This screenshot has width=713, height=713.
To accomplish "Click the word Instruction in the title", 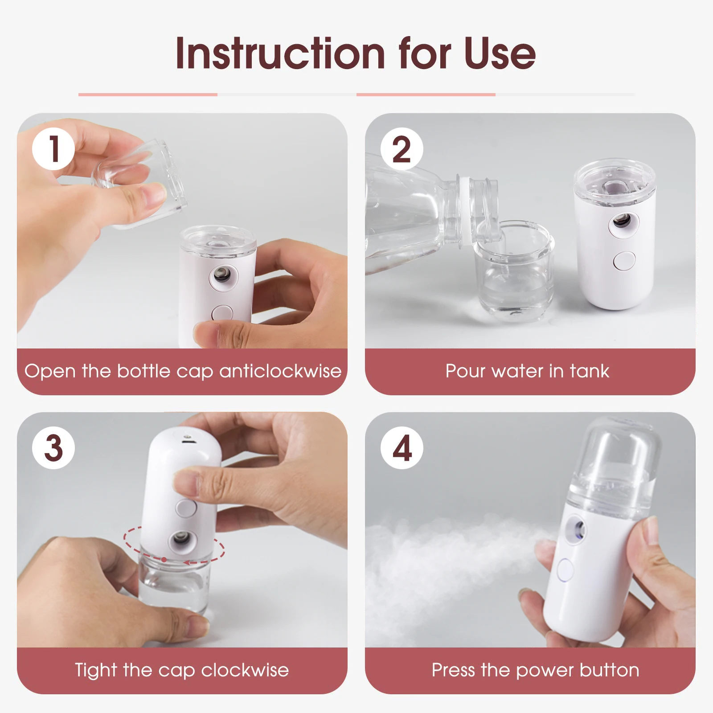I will click(x=280, y=53).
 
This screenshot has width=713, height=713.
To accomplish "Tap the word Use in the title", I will click(x=500, y=53).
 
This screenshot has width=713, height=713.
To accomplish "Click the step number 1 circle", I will click(x=53, y=148).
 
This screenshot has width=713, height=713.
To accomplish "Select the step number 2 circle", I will click(x=402, y=148).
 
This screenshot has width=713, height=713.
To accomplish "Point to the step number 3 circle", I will click(x=53, y=447).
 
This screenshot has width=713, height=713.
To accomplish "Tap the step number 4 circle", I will click(x=402, y=447).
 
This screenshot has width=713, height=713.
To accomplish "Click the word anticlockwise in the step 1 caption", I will click(x=280, y=371).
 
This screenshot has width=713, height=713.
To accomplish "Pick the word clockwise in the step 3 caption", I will click(x=245, y=670).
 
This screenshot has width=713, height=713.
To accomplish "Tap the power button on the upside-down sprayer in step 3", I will click(x=185, y=508).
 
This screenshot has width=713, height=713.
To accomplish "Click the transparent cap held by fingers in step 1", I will click(x=143, y=183).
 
